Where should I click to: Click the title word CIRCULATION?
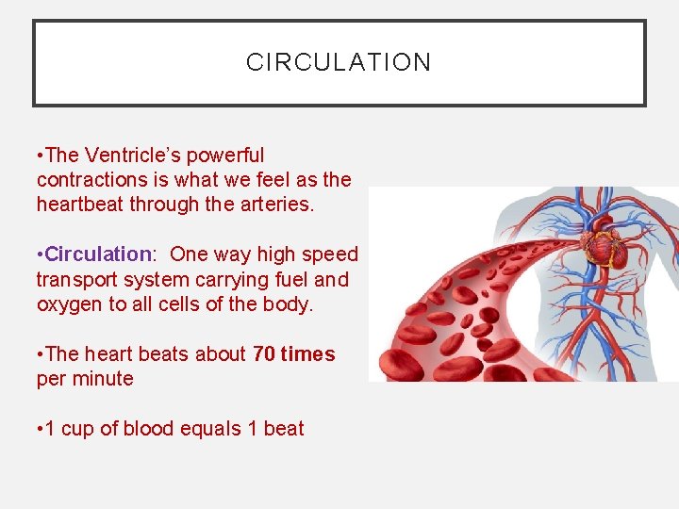(339, 62)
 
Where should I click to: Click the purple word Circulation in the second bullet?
(97, 254)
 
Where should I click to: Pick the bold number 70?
(265, 354)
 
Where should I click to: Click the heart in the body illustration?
(603, 249)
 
